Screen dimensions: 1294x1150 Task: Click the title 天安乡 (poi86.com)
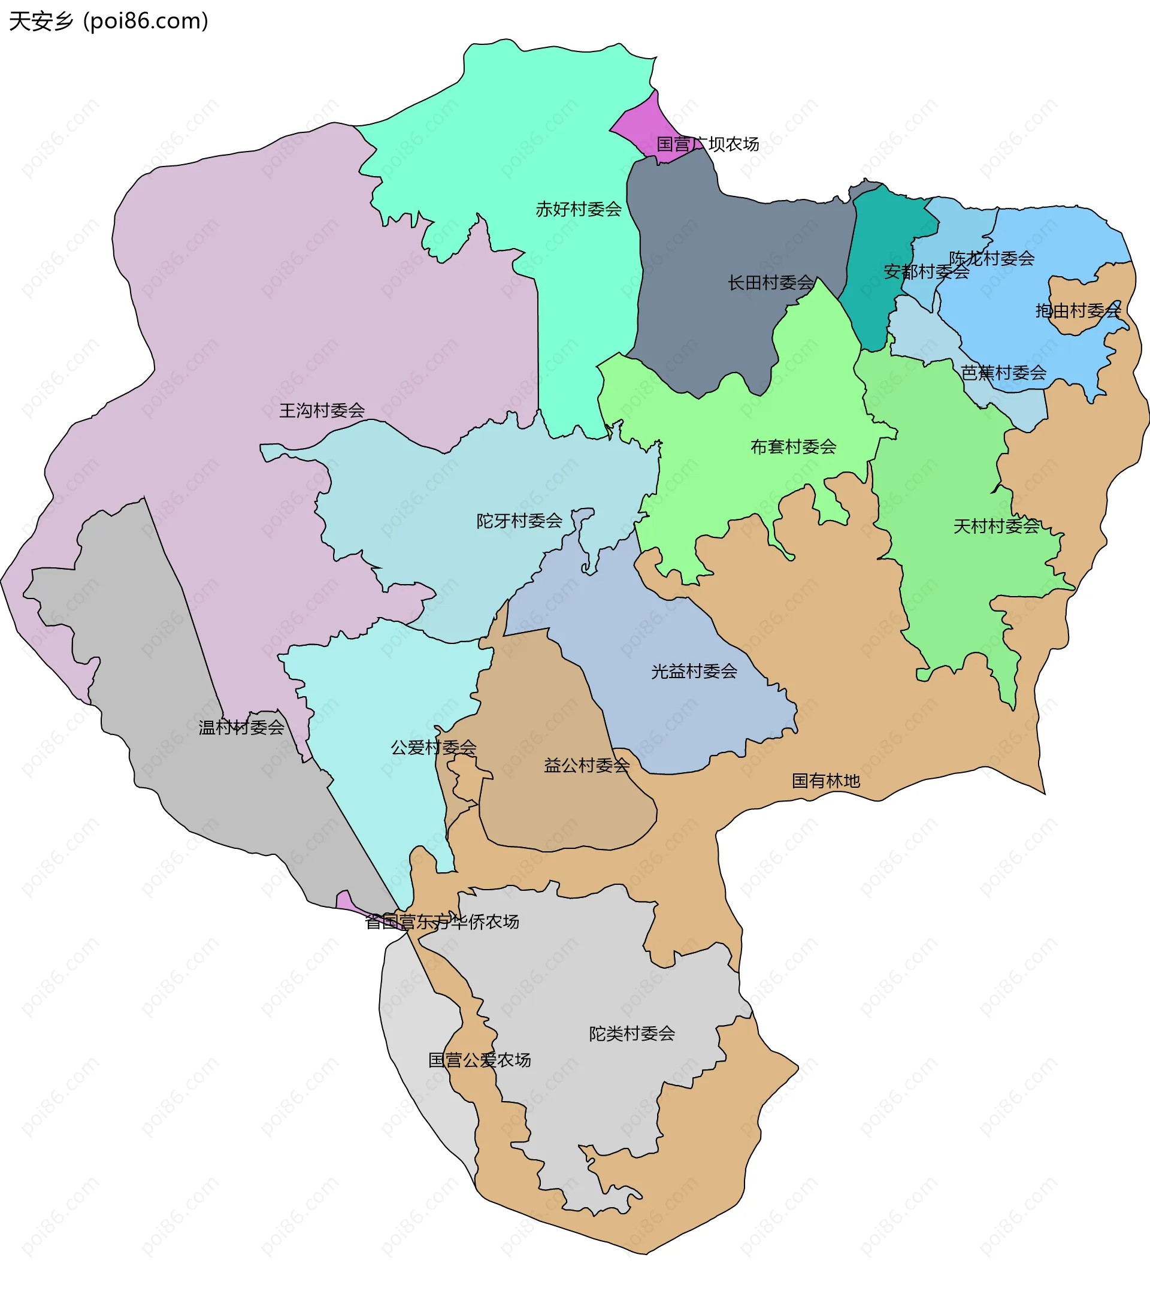(108, 22)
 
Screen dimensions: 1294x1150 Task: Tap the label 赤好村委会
(579, 209)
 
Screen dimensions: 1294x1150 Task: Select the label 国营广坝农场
(707, 144)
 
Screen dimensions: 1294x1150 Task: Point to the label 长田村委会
(770, 282)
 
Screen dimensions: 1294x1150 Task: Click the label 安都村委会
(926, 271)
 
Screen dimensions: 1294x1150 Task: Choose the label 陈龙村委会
(991, 258)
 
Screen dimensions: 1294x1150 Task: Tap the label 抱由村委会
(1078, 310)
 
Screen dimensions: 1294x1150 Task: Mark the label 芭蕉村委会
(1003, 372)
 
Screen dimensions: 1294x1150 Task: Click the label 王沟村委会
(322, 410)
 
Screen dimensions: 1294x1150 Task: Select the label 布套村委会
(793, 447)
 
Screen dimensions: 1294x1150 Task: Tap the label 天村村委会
(995, 526)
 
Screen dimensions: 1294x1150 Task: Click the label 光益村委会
(694, 671)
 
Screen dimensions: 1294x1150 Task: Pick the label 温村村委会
(241, 727)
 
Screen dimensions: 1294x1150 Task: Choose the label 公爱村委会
(434, 748)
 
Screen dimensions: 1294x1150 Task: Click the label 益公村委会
(587, 766)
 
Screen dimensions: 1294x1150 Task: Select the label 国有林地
(825, 781)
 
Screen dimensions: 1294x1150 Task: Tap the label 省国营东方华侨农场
(442, 922)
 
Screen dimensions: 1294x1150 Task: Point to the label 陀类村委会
(632, 1034)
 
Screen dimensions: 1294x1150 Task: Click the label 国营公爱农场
(479, 1060)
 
